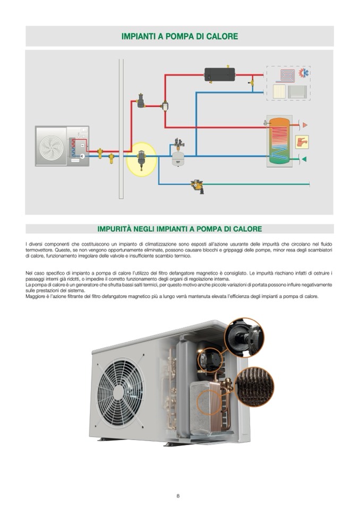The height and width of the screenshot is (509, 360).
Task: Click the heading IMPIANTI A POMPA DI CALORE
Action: point(179,37)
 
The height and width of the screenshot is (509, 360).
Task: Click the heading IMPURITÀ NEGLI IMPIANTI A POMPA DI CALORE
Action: point(179,229)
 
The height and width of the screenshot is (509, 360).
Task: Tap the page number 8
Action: point(178,496)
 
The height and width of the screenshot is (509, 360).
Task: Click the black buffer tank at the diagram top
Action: point(219,74)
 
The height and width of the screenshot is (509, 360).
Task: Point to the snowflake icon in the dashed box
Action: point(304,73)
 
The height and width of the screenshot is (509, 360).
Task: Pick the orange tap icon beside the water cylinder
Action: point(302,142)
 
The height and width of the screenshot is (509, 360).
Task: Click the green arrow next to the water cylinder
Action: point(304,159)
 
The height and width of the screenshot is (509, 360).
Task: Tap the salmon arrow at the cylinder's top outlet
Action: point(304,125)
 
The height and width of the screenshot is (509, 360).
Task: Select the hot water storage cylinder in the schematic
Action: point(279,141)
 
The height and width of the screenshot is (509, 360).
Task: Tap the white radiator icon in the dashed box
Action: point(279,91)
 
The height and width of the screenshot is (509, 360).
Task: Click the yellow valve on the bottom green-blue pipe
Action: point(197,185)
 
